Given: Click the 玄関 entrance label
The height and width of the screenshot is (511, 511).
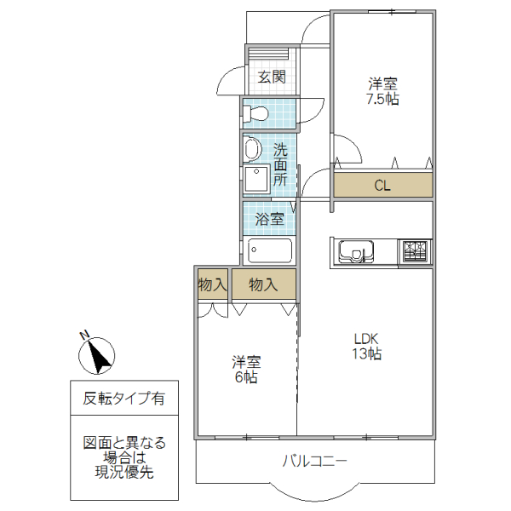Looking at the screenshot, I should pyautogui.click(x=272, y=77).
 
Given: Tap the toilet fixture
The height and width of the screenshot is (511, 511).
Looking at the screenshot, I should pyautogui.click(x=255, y=113).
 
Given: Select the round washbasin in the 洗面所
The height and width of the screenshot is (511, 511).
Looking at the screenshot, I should pyautogui.click(x=251, y=150).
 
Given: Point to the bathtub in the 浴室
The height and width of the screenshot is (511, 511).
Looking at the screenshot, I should pyautogui.click(x=269, y=251).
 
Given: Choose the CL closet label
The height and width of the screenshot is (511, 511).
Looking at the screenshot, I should pyautogui.click(x=382, y=186).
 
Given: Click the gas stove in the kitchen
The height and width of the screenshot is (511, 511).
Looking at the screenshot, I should pyautogui.click(x=416, y=251).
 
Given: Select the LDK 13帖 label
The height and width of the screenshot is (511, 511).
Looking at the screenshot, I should pyautogui.click(x=367, y=345).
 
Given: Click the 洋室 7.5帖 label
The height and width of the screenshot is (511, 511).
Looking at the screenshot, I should pyautogui.click(x=383, y=91).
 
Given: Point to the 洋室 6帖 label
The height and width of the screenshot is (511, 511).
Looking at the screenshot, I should pyautogui.click(x=247, y=368).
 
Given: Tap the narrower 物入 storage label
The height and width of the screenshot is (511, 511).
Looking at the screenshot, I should pyautogui.click(x=212, y=284).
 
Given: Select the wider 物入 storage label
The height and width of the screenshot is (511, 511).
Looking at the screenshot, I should pyautogui.click(x=263, y=284).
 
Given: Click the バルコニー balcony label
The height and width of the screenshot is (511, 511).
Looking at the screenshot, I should pyautogui.click(x=315, y=462).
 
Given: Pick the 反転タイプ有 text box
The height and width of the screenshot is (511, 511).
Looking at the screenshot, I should pyautogui.click(x=123, y=398).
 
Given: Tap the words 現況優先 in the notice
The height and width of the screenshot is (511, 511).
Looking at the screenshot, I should pyautogui.click(x=123, y=473).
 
